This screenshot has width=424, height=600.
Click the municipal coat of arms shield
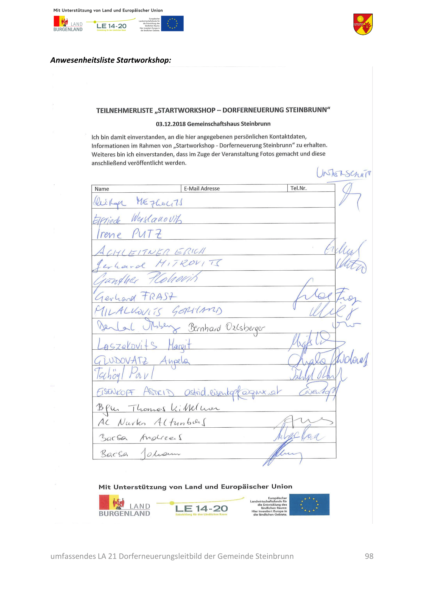(363, 24)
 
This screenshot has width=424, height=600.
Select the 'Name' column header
(102, 189)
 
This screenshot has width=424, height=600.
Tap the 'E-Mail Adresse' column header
(201, 189)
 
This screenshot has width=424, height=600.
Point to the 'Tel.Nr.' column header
(298, 188)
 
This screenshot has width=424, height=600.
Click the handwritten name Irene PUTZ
(129, 234)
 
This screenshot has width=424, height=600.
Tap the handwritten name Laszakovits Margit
(144, 345)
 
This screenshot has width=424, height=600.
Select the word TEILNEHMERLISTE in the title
(125, 111)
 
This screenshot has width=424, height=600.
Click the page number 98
(369, 556)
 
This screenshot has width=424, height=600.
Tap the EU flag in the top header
(172, 24)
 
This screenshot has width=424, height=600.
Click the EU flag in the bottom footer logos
(309, 505)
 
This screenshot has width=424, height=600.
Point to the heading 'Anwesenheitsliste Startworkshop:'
(111, 60)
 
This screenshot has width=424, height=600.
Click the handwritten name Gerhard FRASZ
(135, 297)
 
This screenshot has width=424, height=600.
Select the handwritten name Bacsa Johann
(140, 454)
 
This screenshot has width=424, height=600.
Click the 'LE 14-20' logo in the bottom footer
(201, 508)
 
